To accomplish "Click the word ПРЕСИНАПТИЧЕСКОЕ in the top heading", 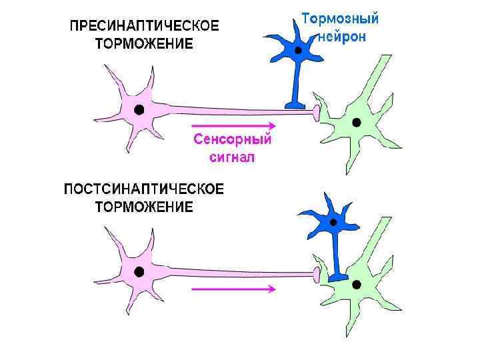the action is pos(144,27).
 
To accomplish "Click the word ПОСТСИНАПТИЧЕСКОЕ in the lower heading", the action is pos(144,189).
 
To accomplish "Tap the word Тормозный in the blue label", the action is pos(339,19).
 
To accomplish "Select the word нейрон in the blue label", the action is pos(343,37).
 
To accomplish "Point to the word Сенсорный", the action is pos(233,140).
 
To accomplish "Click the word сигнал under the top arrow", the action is pos(233,158).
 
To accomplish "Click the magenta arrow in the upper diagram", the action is pos(233,125).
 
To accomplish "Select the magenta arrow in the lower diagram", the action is pos(233,289).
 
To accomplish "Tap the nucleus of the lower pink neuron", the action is pos(139,271).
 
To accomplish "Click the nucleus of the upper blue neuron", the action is pos(299,51).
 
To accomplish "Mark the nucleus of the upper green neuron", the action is pos(357,122).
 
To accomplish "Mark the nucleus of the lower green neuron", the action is pos(357,284).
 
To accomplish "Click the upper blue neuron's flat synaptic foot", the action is pos(294,104).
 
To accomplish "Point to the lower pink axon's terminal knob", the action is pos(317,273).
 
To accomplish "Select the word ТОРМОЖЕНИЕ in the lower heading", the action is pos(144,207).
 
